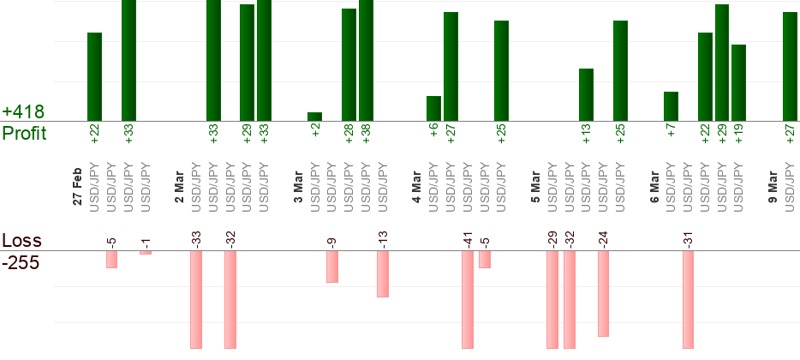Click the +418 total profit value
pyautogui.click(x=23, y=112)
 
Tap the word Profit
pyautogui.click(x=24, y=133)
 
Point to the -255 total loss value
pyautogui.click(x=21, y=261)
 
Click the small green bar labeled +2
pyautogui.click(x=315, y=117)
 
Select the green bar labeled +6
pyautogui.click(x=434, y=109)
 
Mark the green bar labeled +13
pyautogui.click(x=587, y=95)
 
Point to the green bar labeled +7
pyautogui.click(x=672, y=106)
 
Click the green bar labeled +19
pyautogui.click(x=739, y=83)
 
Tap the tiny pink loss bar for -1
pyautogui.click(x=146, y=253)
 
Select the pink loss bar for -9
pyautogui.click(x=332, y=267)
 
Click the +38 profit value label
pyautogui.click(x=367, y=134)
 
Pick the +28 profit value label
pyautogui.click(x=349, y=134)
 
